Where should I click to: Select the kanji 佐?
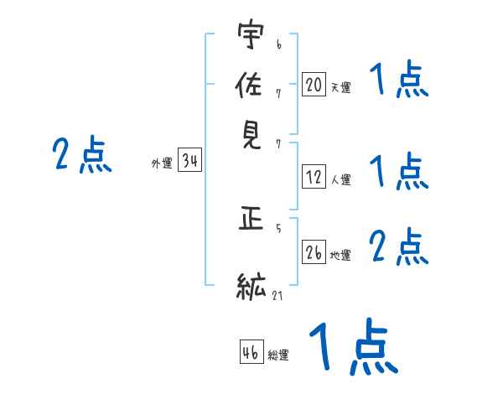[251, 87]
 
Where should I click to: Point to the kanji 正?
[251, 221]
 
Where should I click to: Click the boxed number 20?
[314, 85]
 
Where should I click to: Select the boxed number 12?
[314, 177]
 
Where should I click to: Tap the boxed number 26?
[314, 252]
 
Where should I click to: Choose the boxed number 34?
[189, 162]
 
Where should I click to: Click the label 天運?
[341, 87]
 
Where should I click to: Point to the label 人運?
[341, 179]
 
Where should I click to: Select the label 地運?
[341, 255]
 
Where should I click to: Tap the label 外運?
[162, 164]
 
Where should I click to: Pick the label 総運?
[278, 355]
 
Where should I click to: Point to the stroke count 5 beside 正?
[278, 227]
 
